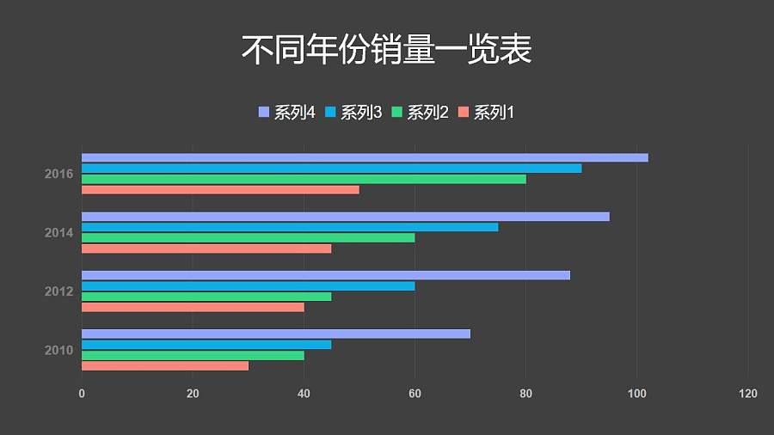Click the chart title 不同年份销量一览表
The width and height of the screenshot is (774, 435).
pos(386,50)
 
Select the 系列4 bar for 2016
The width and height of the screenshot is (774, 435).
pos(365,157)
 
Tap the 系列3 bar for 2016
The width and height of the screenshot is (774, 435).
pos(331,168)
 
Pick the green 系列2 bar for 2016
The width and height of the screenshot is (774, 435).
pos(304,179)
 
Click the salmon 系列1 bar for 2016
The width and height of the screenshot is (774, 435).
pos(220,189)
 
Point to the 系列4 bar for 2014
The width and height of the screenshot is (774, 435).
pos(345,217)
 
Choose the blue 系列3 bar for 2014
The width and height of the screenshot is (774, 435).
pos(290,227)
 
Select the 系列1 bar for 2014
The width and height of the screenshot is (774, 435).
pos(206,248)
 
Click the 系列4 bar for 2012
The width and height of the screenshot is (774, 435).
pos(325,275)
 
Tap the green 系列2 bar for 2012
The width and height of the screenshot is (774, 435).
pos(206,297)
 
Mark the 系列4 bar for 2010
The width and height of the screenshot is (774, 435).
pos(276,334)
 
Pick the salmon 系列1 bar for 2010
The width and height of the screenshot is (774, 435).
pos(165,365)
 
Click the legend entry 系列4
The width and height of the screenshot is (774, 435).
pos(287,113)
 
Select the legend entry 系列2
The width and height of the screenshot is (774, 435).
pos(421,113)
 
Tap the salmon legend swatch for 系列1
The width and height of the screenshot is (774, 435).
pos(464,113)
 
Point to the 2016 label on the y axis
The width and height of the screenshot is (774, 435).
pos(58,175)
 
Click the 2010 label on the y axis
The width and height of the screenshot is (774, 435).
pos(58,350)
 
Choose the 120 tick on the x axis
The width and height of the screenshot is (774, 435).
pos(747,394)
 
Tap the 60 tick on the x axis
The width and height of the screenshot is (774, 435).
pos(415,394)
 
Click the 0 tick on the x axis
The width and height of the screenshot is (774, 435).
pos(82,394)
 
